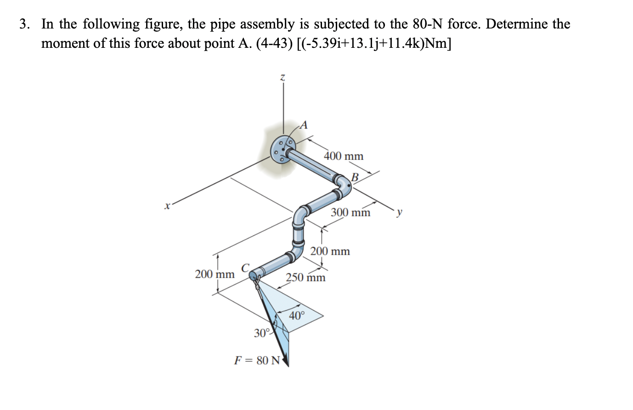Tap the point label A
point(304,125)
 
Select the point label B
point(355,177)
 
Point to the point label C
point(245,268)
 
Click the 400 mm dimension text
point(344,156)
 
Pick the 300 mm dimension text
point(350,213)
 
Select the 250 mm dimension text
point(305,278)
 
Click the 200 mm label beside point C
point(215,274)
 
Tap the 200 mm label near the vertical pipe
point(330,251)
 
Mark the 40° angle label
point(297,316)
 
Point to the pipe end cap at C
point(254,275)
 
